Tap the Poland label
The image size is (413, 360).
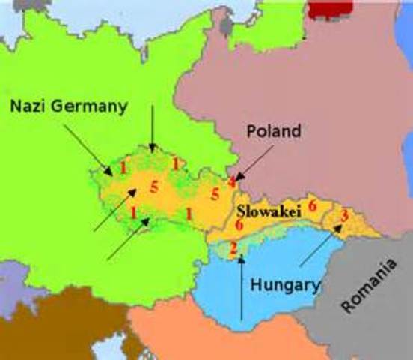point(274,132)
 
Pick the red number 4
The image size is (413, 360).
point(233,181)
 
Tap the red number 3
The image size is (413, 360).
point(343,217)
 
